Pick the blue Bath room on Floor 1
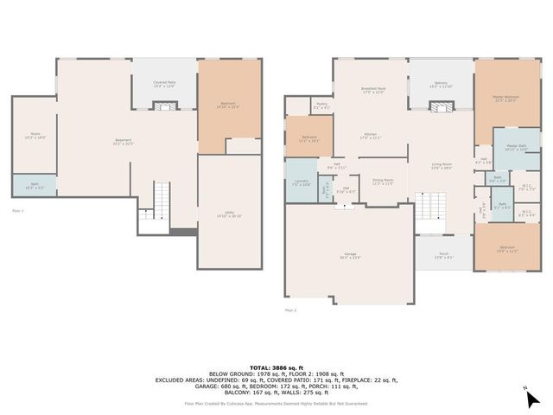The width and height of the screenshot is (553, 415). pos(35,186)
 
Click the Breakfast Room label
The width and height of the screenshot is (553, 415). pos(373,90)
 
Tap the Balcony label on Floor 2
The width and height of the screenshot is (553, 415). pos(441,84)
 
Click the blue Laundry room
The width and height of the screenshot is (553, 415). pos(301,182)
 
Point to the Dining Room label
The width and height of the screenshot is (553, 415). pos(383,182)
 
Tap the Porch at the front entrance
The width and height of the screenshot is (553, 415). pos(442,255)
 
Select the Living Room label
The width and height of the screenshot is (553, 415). pos(442,166)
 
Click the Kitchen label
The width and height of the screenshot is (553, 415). pos(371,137)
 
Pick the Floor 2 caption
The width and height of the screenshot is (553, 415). pos(290,310)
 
